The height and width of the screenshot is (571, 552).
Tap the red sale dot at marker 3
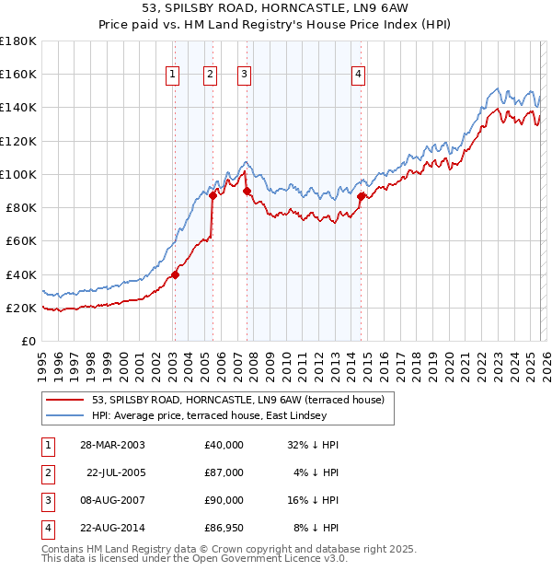(x=247, y=191)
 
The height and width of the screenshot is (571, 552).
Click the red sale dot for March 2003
(x=175, y=274)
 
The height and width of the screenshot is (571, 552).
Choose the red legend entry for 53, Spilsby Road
(x=243, y=399)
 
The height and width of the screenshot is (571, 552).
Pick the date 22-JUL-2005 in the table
(x=115, y=472)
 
